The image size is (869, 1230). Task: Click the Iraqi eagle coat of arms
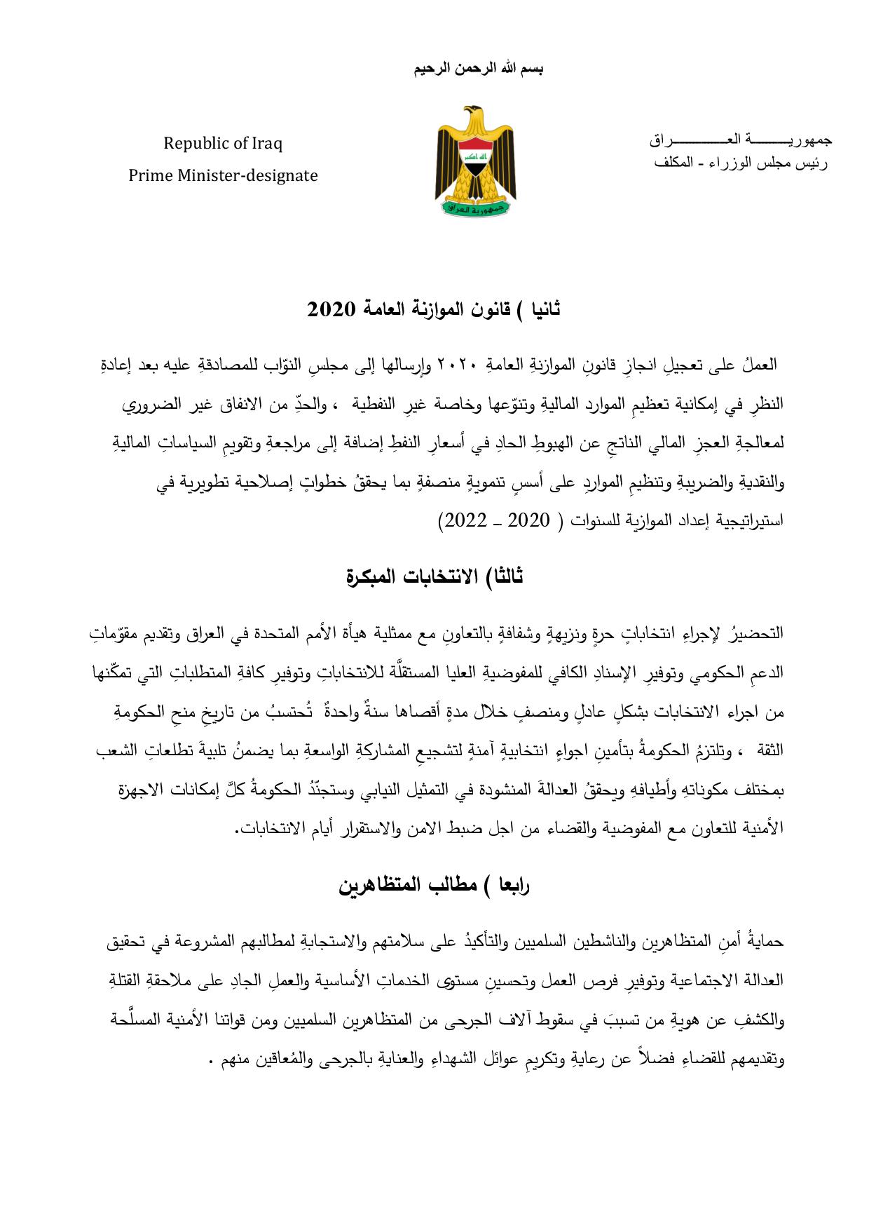[475, 161]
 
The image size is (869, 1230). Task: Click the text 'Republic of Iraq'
[223, 144]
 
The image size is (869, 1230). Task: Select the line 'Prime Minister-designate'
[223, 175]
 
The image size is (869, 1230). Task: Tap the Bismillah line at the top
[479, 69]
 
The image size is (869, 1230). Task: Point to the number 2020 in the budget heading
[331, 309]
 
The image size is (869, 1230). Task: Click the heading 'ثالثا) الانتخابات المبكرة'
[434, 576]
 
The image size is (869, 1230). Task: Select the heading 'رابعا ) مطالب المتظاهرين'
[434, 885]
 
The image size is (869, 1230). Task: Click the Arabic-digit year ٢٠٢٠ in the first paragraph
[458, 365]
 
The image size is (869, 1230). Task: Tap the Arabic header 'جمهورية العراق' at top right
[740, 140]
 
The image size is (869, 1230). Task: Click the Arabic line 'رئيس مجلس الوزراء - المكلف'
[740, 163]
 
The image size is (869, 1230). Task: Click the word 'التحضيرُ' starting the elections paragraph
[755, 633]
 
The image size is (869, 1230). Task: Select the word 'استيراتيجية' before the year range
[750, 520]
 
